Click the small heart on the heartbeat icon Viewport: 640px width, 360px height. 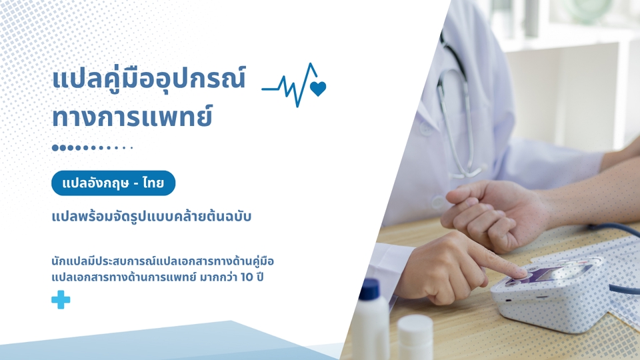click(318, 89)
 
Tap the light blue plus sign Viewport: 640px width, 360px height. click(61, 299)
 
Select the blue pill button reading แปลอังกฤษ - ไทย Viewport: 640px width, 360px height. click(113, 183)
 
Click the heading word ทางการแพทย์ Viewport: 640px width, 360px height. click(133, 116)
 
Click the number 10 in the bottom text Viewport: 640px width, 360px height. click(247, 277)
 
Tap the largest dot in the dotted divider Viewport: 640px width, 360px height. click(55, 148)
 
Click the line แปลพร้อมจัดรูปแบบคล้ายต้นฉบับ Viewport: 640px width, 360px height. click(151, 216)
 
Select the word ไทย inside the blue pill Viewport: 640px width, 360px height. click(153, 183)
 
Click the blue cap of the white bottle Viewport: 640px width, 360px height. click(371, 289)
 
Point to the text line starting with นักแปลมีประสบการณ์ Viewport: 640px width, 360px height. click(163, 261)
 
